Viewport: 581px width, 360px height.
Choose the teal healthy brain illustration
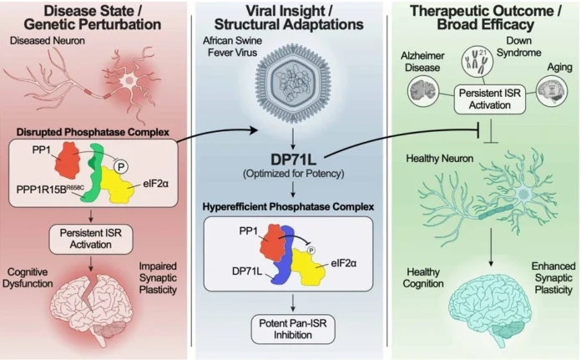tap(485, 312)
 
